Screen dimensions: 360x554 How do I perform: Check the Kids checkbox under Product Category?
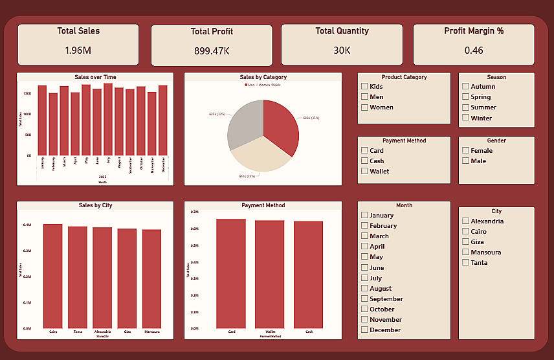(x=365, y=87)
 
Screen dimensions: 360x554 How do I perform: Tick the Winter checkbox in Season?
(x=465, y=118)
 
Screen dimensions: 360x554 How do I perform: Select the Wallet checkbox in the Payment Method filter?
(x=365, y=172)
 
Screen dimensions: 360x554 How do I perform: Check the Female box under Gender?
(x=465, y=151)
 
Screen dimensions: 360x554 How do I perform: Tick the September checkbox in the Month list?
(x=365, y=299)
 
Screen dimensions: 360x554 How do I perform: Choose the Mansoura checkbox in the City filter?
(x=465, y=253)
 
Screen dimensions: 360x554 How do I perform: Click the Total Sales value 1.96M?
(x=78, y=50)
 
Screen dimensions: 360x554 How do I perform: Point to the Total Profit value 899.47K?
(x=212, y=51)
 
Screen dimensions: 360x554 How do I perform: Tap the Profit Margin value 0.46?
(x=474, y=50)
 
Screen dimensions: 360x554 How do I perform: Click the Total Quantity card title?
(x=342, y=31)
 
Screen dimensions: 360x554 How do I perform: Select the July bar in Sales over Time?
(x=108, y=120)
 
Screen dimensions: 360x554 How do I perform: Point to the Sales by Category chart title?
(x=263, y=77)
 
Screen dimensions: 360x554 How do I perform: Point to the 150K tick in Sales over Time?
(x=27, y=93)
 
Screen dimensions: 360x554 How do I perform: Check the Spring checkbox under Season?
(x=465, y=97)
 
